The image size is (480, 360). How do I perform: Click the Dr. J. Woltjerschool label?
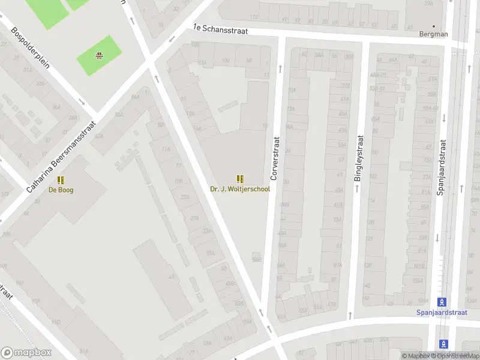[240, 189]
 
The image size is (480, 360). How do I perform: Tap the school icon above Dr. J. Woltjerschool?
[240, 178]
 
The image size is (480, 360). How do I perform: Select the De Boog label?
[61, 190]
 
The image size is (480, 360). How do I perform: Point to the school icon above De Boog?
[61, 179]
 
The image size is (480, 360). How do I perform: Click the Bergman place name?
[433, 34]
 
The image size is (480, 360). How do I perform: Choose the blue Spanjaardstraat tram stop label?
[442, 312]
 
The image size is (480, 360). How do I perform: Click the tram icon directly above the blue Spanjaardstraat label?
[442, 301]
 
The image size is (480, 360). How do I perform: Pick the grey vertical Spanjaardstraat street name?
[442, 171]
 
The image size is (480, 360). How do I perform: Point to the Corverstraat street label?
[276, 157]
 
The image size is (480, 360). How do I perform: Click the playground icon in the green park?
[98, 56]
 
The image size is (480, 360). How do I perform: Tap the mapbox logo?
[26, 353]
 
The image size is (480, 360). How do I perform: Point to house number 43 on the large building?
[171, 277]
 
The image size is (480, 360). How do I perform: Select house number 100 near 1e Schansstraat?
[225, 61]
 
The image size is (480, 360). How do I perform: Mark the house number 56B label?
[257, 259]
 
